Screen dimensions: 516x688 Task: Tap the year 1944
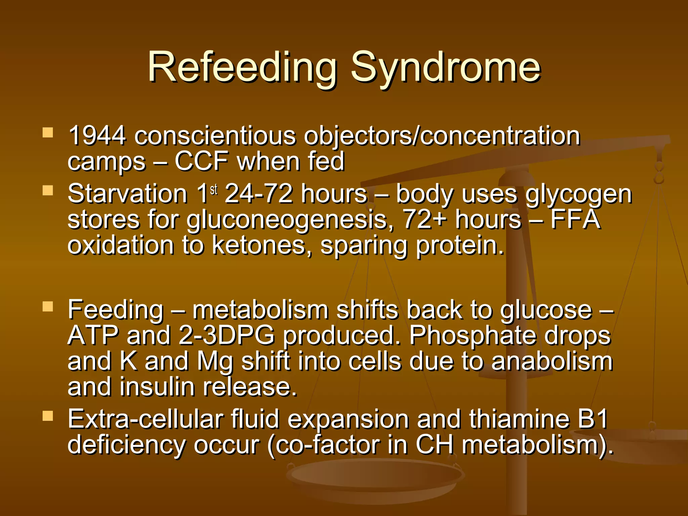(x=97, y=136)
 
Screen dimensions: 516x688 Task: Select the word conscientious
(x=215, y=136)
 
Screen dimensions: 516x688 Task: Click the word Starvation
(x=127, y=194)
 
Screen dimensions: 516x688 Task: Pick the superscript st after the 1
(x=214, y=190)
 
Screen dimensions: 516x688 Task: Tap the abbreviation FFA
(x=575, y=219)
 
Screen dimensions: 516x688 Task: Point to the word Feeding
(x=116, y=310)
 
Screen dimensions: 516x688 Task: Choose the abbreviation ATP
(x=93, y=336)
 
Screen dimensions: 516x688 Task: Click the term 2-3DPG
(x=227, y=336)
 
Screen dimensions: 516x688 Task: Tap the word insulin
(x=157, y=387)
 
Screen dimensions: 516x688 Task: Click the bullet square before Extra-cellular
(x=48, y=417)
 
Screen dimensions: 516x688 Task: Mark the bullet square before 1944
(x=48, y=133)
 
